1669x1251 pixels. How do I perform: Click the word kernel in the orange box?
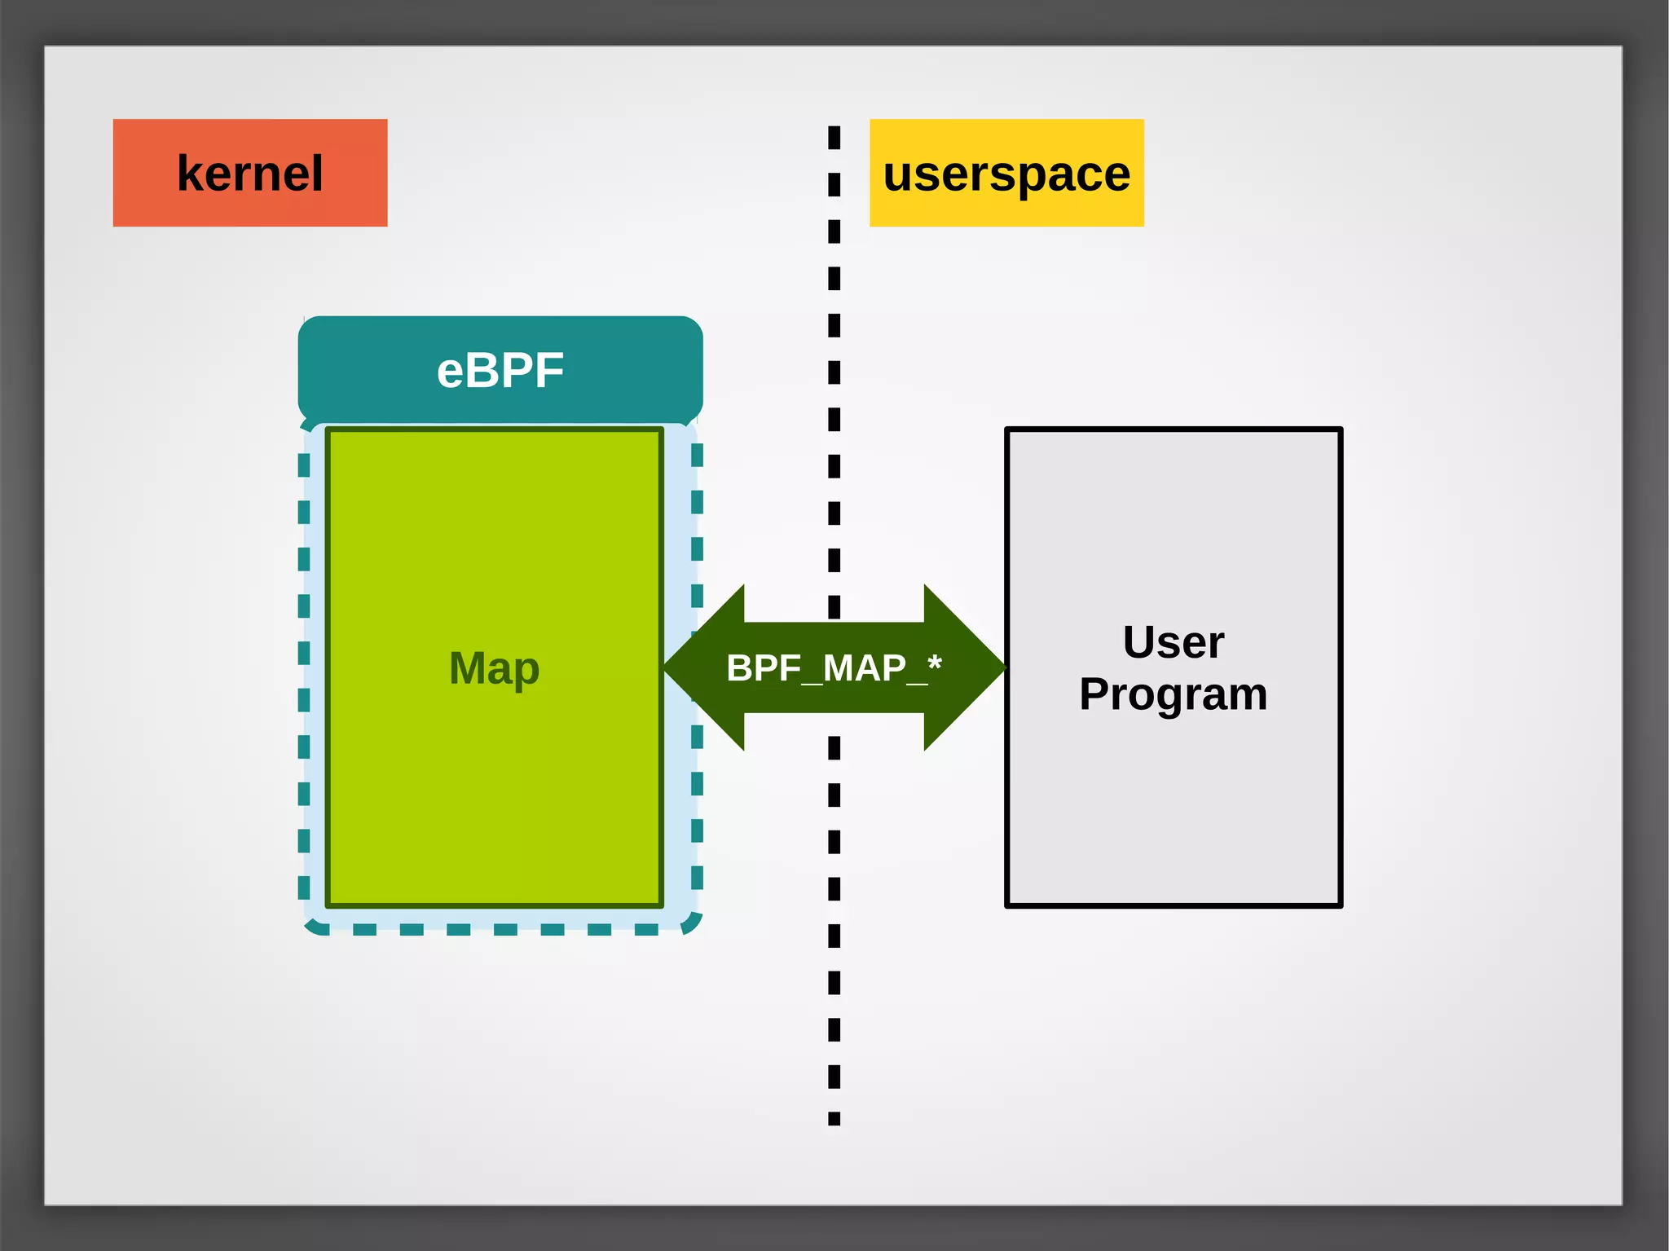249,174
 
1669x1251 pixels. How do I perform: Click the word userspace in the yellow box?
1006,174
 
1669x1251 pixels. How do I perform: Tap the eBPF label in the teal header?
500,371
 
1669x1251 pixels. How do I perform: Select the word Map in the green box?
494,668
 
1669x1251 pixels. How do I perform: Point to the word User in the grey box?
1173,642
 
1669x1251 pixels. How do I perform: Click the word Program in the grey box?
1173,694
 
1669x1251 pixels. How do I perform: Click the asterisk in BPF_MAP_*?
934,662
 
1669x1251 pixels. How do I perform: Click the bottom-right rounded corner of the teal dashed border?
692,923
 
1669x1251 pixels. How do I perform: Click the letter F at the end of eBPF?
548,371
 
